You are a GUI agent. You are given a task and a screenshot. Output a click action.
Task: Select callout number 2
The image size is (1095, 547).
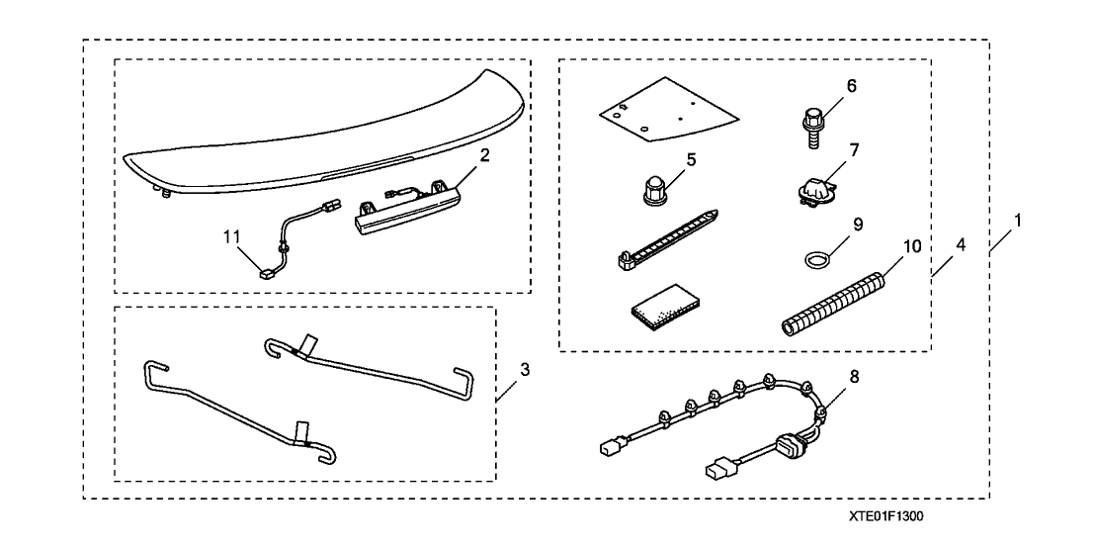coord(485,155)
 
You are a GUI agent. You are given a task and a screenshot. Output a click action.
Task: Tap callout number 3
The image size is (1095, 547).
coord(525,370)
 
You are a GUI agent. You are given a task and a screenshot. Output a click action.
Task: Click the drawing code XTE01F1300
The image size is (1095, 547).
coord(887,516)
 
